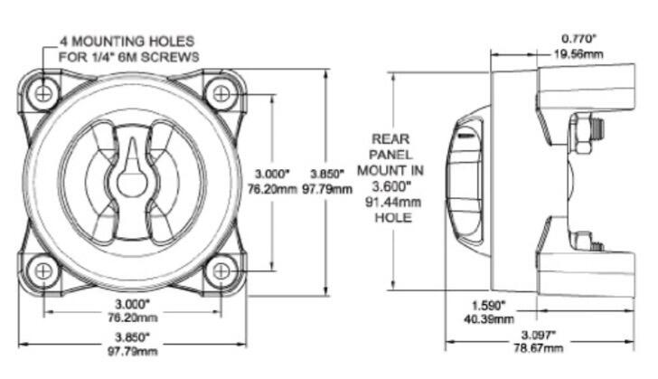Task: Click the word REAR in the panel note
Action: (x=390, y=139)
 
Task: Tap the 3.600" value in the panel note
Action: (x=390, y=185)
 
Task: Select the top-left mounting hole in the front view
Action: (x=42, y=91)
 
